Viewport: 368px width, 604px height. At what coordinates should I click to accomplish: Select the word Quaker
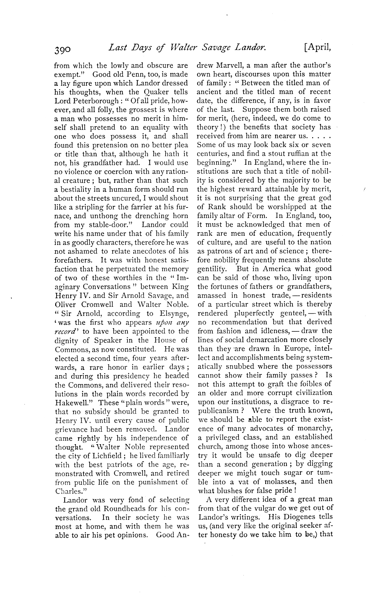point(155,92)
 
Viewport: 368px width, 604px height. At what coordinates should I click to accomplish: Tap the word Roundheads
point(116,509)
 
